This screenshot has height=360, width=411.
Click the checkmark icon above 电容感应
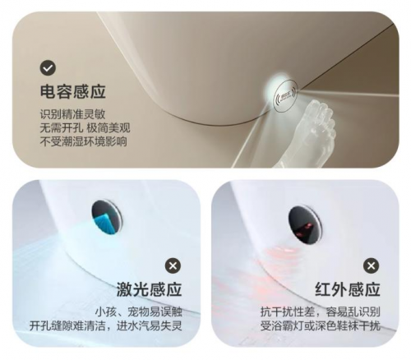[x=48, y=68]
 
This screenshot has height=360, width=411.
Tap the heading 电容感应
[x=73, y=91]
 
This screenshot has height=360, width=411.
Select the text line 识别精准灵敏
[x=72, y=114]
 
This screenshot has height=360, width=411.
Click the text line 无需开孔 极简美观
[x=85, y=128]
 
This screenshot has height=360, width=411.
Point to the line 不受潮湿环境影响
[x=83, y=141]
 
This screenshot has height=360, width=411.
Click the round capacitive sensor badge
[x=286, y=96]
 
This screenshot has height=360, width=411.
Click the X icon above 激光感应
[x=173, y=265]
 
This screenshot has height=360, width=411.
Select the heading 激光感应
[x=149, y=289]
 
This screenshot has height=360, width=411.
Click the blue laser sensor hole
[x=107, y=217]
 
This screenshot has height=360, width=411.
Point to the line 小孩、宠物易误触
[x=139, y=312]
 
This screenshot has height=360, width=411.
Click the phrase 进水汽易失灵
[x=150, y=326]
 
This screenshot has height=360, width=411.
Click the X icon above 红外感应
[x=371, y=265]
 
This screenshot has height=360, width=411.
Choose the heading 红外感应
[x=348, y=289]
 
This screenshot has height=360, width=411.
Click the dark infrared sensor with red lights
[x=305, y=224]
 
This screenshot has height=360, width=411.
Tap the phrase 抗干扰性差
[x=287, y=312]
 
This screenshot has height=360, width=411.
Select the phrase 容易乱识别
[x=353, y=312]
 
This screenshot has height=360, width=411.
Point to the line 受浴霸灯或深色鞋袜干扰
[x=321, y=326]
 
